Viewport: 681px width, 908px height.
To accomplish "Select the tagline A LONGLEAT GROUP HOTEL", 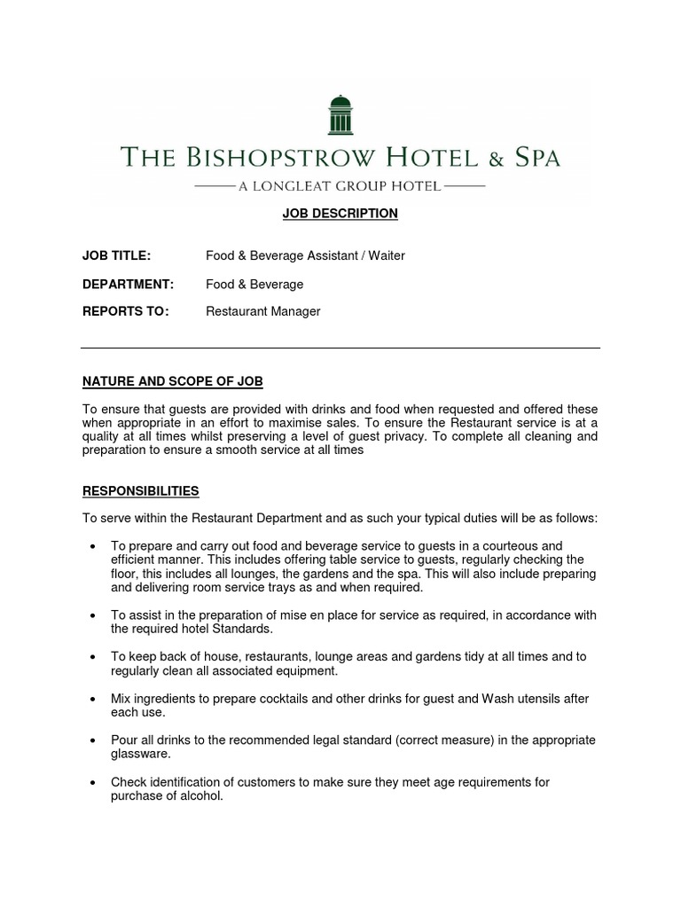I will (340, 186).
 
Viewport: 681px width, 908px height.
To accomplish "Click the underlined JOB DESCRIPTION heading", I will (340, 214).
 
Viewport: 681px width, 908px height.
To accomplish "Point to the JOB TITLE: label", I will (116, 256).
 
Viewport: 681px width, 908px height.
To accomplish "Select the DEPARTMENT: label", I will (128, 285).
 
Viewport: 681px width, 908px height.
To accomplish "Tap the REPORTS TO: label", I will (125, 311).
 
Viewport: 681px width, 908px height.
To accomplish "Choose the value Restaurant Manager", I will (263, 311).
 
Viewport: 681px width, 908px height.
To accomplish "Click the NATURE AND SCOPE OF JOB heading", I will (172, 382).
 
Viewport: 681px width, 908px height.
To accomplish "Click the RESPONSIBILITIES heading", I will (140, 490).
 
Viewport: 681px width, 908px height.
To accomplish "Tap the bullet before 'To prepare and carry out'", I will (93, 546).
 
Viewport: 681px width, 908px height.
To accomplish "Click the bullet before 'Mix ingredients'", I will (93, 699).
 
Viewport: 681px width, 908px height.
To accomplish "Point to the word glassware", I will (140, 754).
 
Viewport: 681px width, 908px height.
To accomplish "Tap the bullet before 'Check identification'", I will (93, 782).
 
